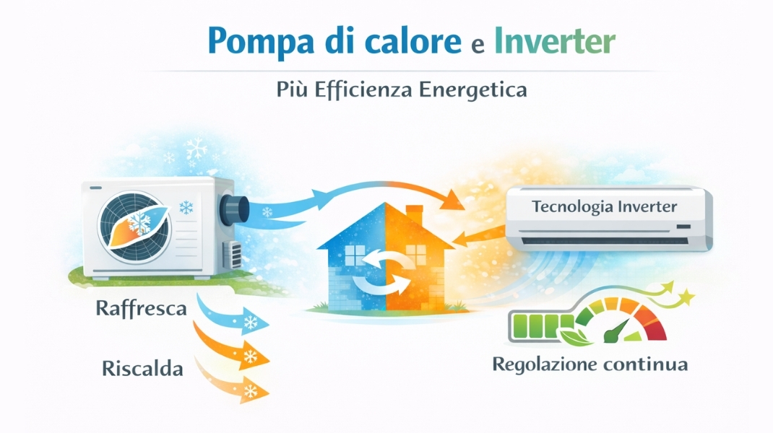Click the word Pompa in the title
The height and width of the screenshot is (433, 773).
[x=261, y=41]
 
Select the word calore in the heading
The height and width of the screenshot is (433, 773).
[x=413, y=40]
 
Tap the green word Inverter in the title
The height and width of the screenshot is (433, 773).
[x=555, y=40]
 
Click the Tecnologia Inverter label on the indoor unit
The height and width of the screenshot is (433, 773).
[x=605, y=206]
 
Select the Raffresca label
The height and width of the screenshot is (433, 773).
[x=141, y=308]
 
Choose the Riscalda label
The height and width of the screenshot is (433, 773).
[x=142, y=369]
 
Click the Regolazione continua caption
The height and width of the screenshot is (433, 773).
[x=590, y=364]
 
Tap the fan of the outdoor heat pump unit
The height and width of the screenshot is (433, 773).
[x=134, y=227]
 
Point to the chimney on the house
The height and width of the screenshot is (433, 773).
[x=414, y=215]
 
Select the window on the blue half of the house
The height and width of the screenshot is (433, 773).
[x=355, y=255]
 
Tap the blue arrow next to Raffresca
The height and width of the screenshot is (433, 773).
[x=232, y=316]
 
